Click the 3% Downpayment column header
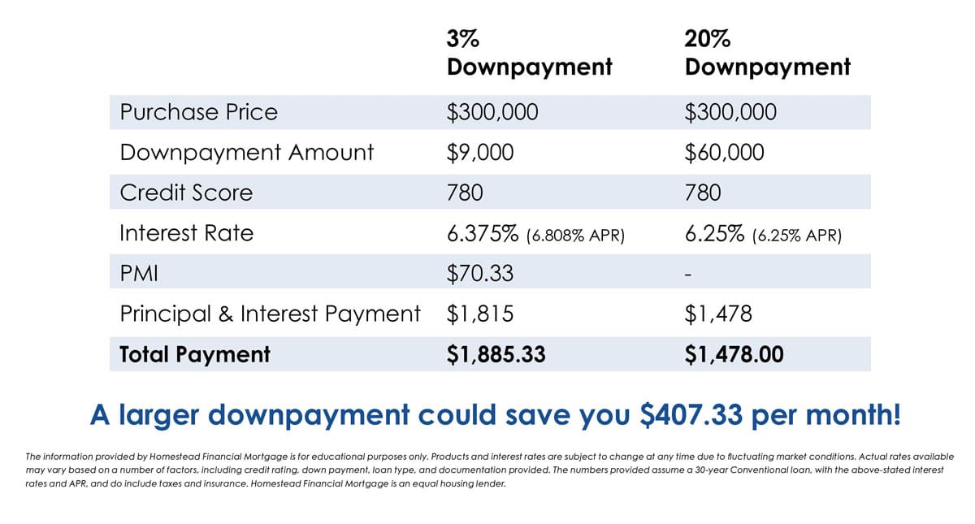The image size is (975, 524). point(529,53)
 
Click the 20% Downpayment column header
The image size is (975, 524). point(767,53)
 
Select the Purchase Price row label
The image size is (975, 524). point(198,112)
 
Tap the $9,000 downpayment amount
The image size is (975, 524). point(479,152)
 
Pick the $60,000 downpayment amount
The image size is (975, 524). point(724,152)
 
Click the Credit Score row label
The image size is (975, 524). point(186,193)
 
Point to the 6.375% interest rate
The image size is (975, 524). point(483,233)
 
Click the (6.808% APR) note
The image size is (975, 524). point(575,236)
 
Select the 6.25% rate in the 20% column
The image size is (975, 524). point(715,233)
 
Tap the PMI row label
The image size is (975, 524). point(138,274)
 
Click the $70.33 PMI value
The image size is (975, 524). point(479,274)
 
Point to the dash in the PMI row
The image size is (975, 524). point(688,275)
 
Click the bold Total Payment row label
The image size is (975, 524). point(195,354)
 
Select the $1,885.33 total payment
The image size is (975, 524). point(496,354)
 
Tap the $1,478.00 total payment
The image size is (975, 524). point(734,354)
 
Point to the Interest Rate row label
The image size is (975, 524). point(186,233)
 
